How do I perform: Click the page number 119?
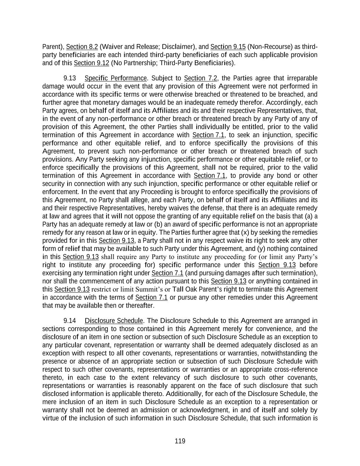pyautogui.click(x=180, y=441)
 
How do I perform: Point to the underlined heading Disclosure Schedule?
pyautogui.click(x=114, y=321)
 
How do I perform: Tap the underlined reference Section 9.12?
pyautogui.click(x=91, y=63)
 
